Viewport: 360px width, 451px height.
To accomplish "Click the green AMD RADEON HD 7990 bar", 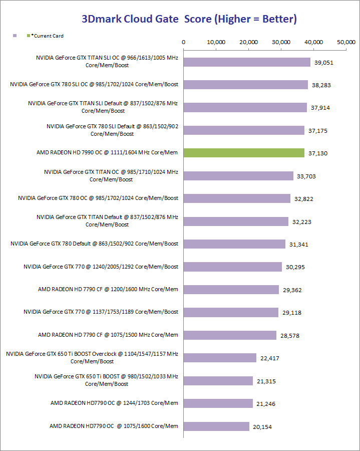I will [x=244, y=153].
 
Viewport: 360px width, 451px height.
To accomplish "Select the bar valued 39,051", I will [x=247, y=62].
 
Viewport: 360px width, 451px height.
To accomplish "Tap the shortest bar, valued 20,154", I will [x=216, y=426].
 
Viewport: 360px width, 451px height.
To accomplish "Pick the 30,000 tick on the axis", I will [x=281, y=42].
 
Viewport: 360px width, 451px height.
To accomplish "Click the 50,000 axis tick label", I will [x=346, y=42].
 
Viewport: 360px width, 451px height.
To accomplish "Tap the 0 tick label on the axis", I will [x=184, y=42].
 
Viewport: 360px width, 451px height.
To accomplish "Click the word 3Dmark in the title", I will [x=100, y=19].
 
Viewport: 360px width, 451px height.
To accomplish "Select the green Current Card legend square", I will [x=28, y=36].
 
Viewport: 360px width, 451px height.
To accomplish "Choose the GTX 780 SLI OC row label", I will [x=94, y=84].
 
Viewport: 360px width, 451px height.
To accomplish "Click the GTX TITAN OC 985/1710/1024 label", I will [x=111, y=175].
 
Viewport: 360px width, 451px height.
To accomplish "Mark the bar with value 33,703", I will [x=238, y=176].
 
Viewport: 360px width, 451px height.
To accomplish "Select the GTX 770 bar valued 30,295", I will [x=233, y=267].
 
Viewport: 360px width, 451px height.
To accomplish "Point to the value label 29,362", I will [x=291, y=290].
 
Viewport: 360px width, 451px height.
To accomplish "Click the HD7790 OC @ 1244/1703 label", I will [x=114, y=403].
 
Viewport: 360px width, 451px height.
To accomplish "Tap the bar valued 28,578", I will [x=230, y=335].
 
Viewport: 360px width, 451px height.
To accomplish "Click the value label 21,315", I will [x=265, y=381].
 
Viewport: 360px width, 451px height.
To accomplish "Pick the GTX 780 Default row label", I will [x=95, y=244].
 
